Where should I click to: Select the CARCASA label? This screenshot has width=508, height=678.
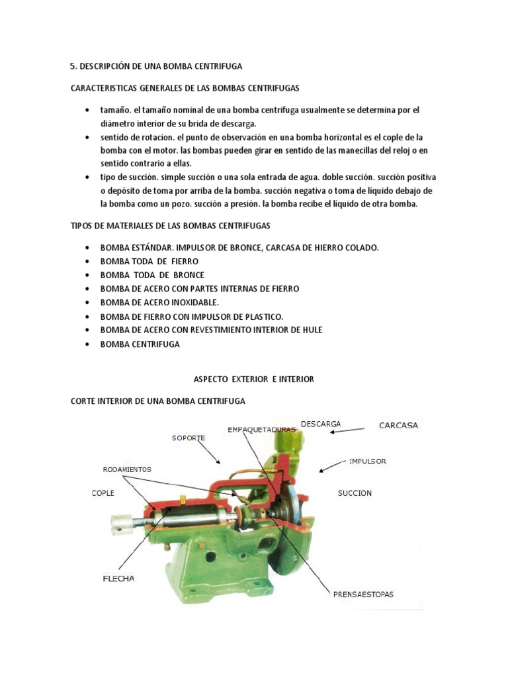(x=398, y=425)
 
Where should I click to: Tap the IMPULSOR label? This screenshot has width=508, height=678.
(x=368, y=460)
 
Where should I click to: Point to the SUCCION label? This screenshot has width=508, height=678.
(x=355, y=493)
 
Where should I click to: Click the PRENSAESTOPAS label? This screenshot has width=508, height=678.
(x=362, y=594)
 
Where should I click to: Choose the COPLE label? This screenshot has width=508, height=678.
(x=103, y=493)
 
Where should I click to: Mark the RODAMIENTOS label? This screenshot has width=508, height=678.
(x=126, y=469)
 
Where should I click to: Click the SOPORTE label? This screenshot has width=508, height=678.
(x=189, y=438)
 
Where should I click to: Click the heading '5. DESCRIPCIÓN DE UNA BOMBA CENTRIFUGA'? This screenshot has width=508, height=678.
(x=156, y=66)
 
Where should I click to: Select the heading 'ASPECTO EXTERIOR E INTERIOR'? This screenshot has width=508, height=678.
(x=253, y=379)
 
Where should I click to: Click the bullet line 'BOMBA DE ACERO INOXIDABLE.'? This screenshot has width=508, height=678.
(x=159, y=303)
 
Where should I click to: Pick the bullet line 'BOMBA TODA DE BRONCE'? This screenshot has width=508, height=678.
(x=152, y=275)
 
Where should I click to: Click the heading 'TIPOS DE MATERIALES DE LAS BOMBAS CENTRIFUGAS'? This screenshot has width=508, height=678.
(x=170, y=226)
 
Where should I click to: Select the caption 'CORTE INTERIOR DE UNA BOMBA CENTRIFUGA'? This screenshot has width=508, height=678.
(x=157, y=401)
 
